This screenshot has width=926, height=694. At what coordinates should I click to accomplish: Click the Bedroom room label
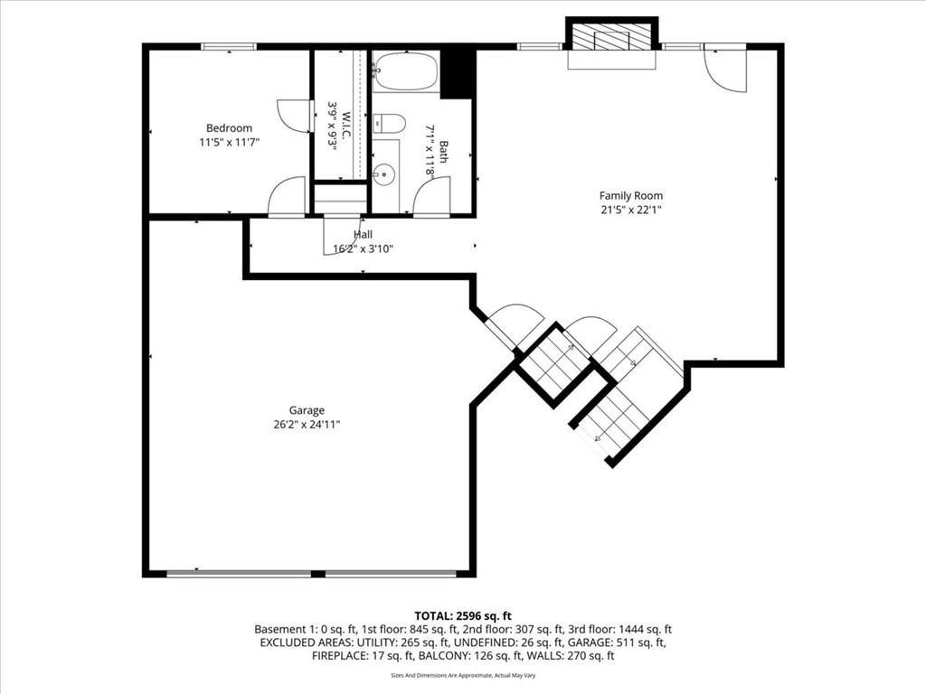pyautogui.click(x=229, y=128)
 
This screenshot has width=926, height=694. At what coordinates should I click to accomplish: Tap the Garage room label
pyautogui.click(x=307, y=410)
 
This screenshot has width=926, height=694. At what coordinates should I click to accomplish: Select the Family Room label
pyautogui.click(x=630, y=195)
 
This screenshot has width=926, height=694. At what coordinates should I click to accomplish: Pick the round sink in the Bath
pyautogui.click(x=384, y=174)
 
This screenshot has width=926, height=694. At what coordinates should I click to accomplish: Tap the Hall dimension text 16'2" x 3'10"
pyautogui.click(x=364, y=249)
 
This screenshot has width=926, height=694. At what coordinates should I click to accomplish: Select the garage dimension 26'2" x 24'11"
pyautogui.click(x=307, y=425)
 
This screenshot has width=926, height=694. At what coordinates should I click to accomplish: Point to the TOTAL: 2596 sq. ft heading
pyautogui.click(x=463, y=616)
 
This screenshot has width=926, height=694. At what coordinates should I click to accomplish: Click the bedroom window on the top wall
pyautogui.click(x=229, y=47)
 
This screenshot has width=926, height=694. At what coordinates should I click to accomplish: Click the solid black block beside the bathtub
pyautogui.click(x=458, y=74)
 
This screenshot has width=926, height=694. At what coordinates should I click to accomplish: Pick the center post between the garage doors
pyautogui.click(x=317, y=574)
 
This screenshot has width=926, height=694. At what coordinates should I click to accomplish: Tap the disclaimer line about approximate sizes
pyautogui.click(x=463, y=675)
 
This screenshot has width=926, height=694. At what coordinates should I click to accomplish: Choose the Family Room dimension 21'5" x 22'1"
pyautogui.click(x=630, y=210)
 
